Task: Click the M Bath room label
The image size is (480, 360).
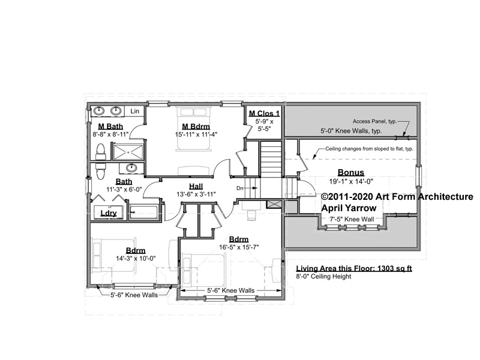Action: pyautogui.click(x=110, y=126)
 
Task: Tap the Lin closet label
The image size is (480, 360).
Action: pyautogui.click(x=134, y=111)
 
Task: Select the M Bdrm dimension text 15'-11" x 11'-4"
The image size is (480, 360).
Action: pyautogui.click(x=196, y=134)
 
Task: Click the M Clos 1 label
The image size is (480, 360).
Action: pyautogui.click(x=264, y=113)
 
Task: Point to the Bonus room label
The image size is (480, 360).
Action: pyautogui.click(x=351, y=172)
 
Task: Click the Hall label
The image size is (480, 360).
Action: pyautogui.click(x=196, y=186)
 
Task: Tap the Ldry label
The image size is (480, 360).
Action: pyautogui.click(x=109, y=213)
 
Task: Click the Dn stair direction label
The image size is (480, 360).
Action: pyautogui.click(x=240, y=188)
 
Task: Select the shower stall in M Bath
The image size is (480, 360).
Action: pyautogui.click(x=128, y=152)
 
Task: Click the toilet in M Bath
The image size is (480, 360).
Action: pyautogui.click(x=100, y=152)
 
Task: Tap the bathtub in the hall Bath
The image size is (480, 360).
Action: pyautogui.click(x=144, y=212)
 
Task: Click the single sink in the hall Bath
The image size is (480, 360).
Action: pyautogui.click(x=131, y=168)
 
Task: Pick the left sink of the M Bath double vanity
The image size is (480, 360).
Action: pyautogui.click(x=99, y=110)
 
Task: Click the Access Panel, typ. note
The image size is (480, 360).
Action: pyautogui.click(x=374, y=122)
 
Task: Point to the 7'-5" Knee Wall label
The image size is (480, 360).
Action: pyautogui.click(x=352, y=219)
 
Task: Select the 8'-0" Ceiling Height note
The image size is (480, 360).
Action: pyautogui.click(x=323, y=277)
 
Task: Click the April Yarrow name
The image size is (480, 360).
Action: pyautogui.click(x=349, y=208)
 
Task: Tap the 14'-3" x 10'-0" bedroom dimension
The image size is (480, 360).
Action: pyautogui.click(x=136, y=259)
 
